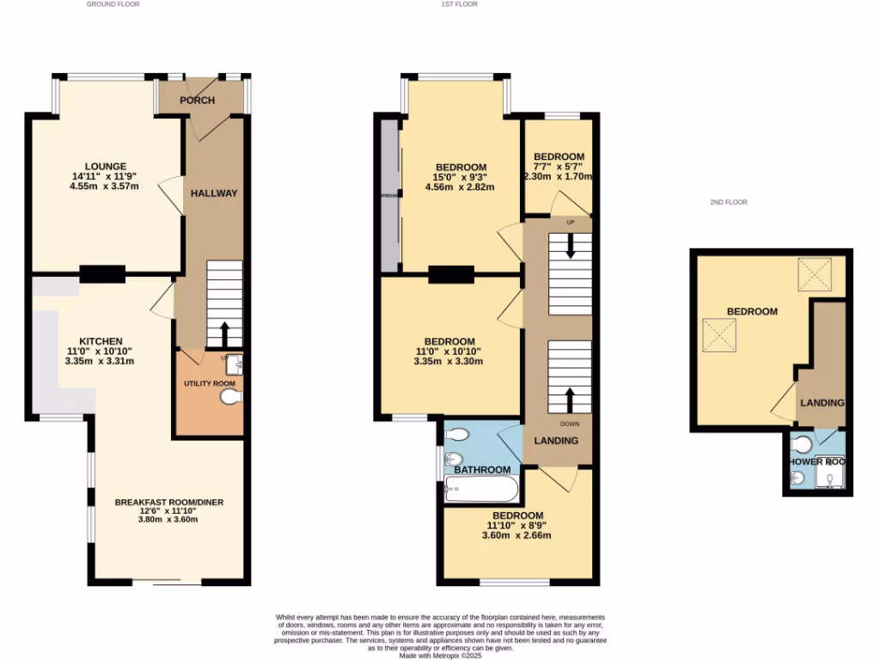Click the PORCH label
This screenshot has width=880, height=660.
tap(197, 101)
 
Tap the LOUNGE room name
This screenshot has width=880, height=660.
tap(105, 167)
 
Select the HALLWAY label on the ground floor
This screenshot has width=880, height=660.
tap(213, 193)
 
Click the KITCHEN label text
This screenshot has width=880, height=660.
tap(101, 341)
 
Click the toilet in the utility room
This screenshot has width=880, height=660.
tap(231, 396)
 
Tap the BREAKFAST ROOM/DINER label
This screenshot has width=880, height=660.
tap(169, 502)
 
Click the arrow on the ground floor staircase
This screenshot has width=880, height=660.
tap(225, 332)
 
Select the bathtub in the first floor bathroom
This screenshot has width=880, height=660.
tap(480, 490)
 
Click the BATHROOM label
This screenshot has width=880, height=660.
tap(482, 470)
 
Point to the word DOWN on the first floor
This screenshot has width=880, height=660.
tap(570, 424)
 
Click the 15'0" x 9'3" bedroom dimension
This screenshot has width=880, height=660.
tap(461, 178)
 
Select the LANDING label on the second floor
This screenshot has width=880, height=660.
tap(822, 402)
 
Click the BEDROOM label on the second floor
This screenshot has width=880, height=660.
tap(752, 311)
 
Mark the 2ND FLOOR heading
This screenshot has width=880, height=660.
tap(728, 202)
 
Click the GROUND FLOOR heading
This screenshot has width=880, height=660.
tap(113, 4)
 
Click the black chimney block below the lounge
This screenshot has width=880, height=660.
tap(102, 274)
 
